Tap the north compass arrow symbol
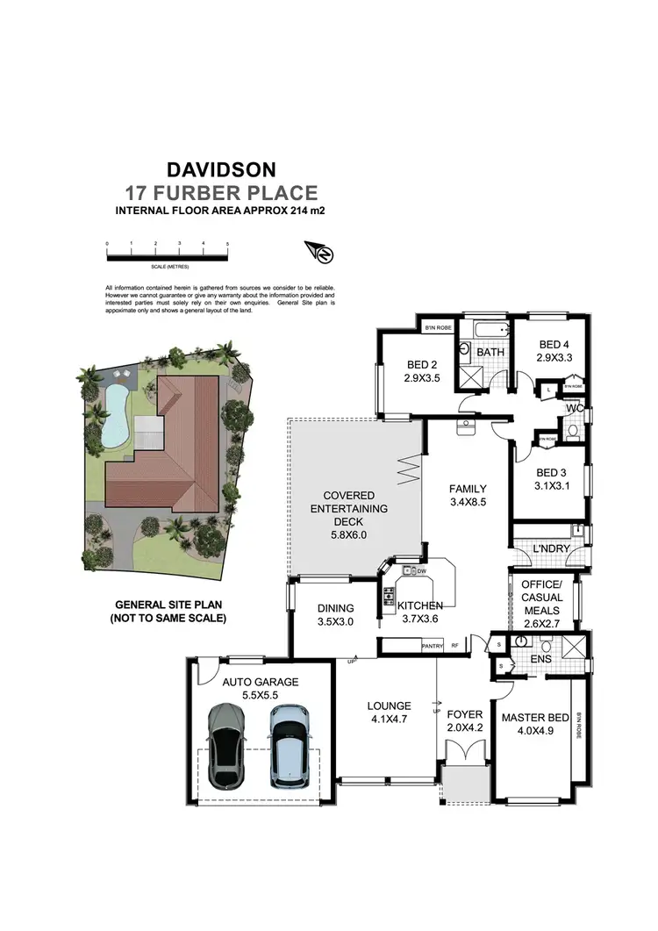point(321,254)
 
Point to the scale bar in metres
point(167,257)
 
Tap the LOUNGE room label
point(389,705)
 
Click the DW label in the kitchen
point(422,571)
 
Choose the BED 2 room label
point(422,365)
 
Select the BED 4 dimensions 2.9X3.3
point(554,357)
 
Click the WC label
point(575,407)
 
